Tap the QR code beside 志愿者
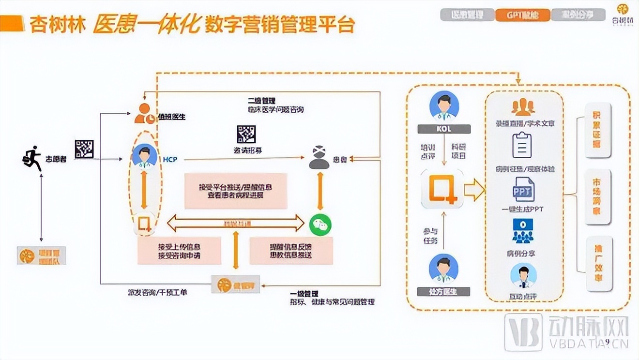point(84,149)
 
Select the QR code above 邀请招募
point(246,135)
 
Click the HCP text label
point(170,159)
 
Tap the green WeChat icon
point(319,224)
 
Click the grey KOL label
point(443,129)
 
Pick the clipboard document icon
point(522,145)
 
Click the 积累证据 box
point(598,130)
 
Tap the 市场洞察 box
point(598,196)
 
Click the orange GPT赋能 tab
point(522,15)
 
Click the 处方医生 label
point(443,291)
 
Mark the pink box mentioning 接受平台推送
point(236,191)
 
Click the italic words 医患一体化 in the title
point(147,24)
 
